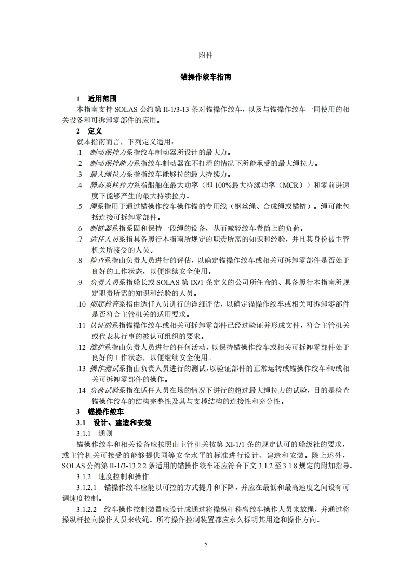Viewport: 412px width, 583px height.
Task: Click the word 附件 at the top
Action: pos(206,55)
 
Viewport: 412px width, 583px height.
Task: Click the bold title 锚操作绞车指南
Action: pos(206,77)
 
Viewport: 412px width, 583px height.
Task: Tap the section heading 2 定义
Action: pos(89,131)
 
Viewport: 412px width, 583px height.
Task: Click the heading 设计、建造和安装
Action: pos(123,422)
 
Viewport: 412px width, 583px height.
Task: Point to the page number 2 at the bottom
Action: pos(206,546)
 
